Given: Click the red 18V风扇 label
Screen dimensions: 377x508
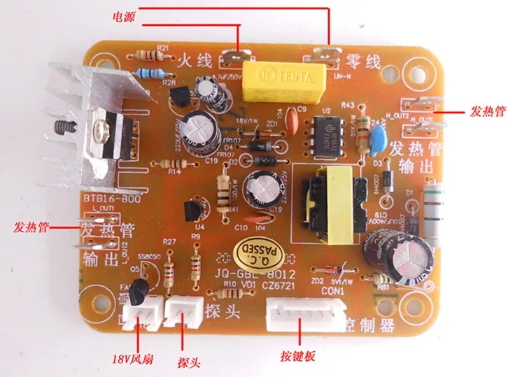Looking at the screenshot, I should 134,361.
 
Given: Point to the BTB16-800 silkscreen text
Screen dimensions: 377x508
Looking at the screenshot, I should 108,198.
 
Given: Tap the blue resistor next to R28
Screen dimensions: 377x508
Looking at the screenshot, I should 152,72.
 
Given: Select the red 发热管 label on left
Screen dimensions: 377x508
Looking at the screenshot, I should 30,227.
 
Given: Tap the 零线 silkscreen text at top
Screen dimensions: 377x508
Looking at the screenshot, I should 365,62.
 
